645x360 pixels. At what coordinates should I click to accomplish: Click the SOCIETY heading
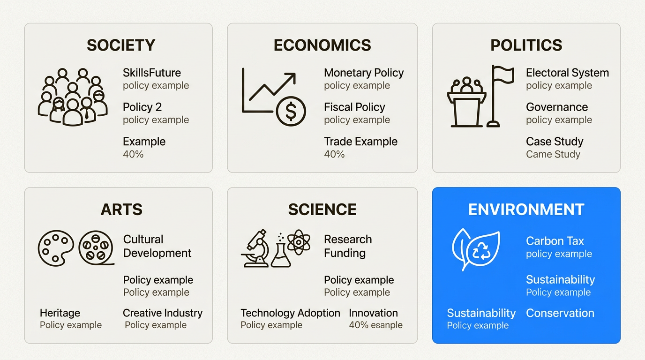pos(121,45)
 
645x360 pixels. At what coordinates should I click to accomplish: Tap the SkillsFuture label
pos(152,73)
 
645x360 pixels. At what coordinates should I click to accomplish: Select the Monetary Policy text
pos(364,73)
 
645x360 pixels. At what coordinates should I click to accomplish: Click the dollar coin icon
pos(291,111)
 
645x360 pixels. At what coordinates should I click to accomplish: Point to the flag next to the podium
pos(501,96)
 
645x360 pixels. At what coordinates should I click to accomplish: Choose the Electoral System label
pos(567,73)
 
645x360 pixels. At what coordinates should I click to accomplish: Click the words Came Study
pos(553,154)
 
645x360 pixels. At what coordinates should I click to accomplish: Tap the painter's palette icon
pos(56,248)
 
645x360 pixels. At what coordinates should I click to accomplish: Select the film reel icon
pos(96,247)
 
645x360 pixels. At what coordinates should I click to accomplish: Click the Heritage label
pos(60,313)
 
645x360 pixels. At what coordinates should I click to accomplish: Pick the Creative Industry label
pos(163,313)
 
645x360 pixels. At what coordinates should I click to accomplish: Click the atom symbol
pos(299,242)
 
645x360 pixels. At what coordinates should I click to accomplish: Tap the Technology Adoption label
pos(290,313)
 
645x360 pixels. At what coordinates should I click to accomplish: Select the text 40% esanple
pos(376,325)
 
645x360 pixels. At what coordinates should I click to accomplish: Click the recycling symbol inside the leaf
pos(481,250)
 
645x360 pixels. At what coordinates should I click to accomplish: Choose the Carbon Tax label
pos(555,241)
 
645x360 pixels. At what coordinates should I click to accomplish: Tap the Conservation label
pos(560,313)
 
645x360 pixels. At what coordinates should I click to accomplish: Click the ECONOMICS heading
pos(322,45)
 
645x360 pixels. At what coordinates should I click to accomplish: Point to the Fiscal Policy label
pos(354,107)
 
